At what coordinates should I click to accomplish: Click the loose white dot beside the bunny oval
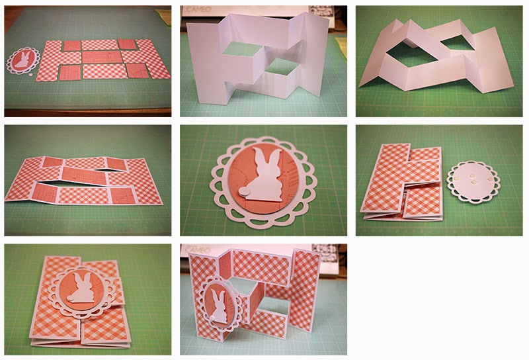(30, 77)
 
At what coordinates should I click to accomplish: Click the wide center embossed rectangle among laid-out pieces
(102, 58)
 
